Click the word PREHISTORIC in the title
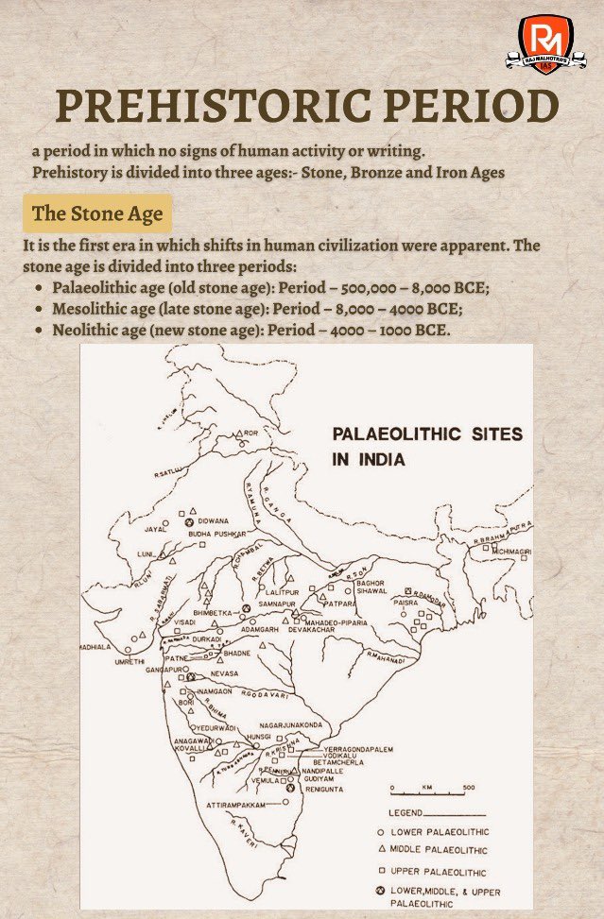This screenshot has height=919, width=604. [186, 108]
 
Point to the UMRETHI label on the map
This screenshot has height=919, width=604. [105, 665]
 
